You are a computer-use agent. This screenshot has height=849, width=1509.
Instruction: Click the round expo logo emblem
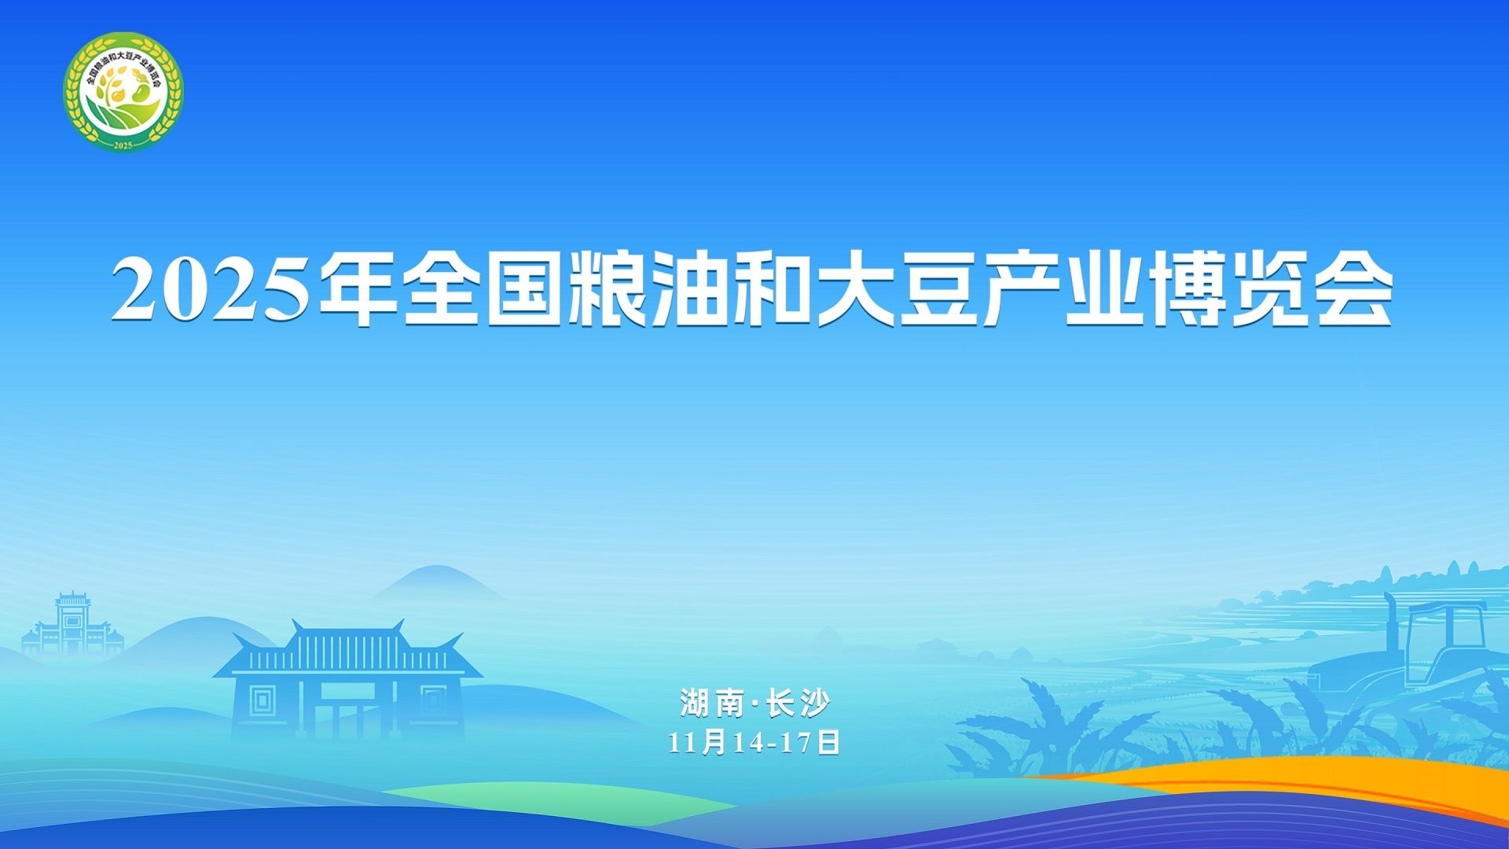pos(123,92)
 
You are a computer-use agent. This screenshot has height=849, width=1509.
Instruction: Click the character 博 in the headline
pos(1187,289)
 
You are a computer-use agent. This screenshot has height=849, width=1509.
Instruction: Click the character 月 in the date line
pos(714,742)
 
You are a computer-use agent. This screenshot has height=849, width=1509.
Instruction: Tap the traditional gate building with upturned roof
pos(347,681)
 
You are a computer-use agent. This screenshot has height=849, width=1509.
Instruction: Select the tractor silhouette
pos(1407,652)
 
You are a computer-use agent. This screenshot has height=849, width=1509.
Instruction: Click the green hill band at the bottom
pos(550,798)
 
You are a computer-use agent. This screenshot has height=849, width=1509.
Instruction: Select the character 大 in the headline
pos(855,289)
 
